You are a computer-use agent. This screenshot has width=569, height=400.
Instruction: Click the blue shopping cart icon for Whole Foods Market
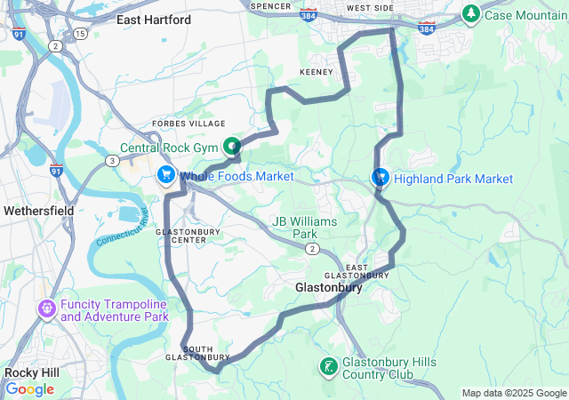click(165, 175)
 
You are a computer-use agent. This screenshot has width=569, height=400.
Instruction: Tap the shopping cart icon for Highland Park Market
click(380, 177)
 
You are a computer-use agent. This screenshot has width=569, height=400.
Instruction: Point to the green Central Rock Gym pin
click(232, 146)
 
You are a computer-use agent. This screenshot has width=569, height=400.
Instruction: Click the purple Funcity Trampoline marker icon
click(46, 308)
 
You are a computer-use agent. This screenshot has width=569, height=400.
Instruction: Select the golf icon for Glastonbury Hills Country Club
click(328, 366)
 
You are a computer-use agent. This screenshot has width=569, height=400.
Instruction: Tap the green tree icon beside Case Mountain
click(470, 14)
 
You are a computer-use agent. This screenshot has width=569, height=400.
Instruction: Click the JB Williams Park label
click(295, 228)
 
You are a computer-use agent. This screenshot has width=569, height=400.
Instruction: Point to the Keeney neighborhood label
click(316, 71)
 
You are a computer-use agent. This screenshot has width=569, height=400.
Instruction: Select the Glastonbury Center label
click(181, 236)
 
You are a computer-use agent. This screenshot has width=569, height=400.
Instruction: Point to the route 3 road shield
click(112, 160)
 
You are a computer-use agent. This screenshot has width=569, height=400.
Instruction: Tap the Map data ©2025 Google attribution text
click(513, 393)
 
